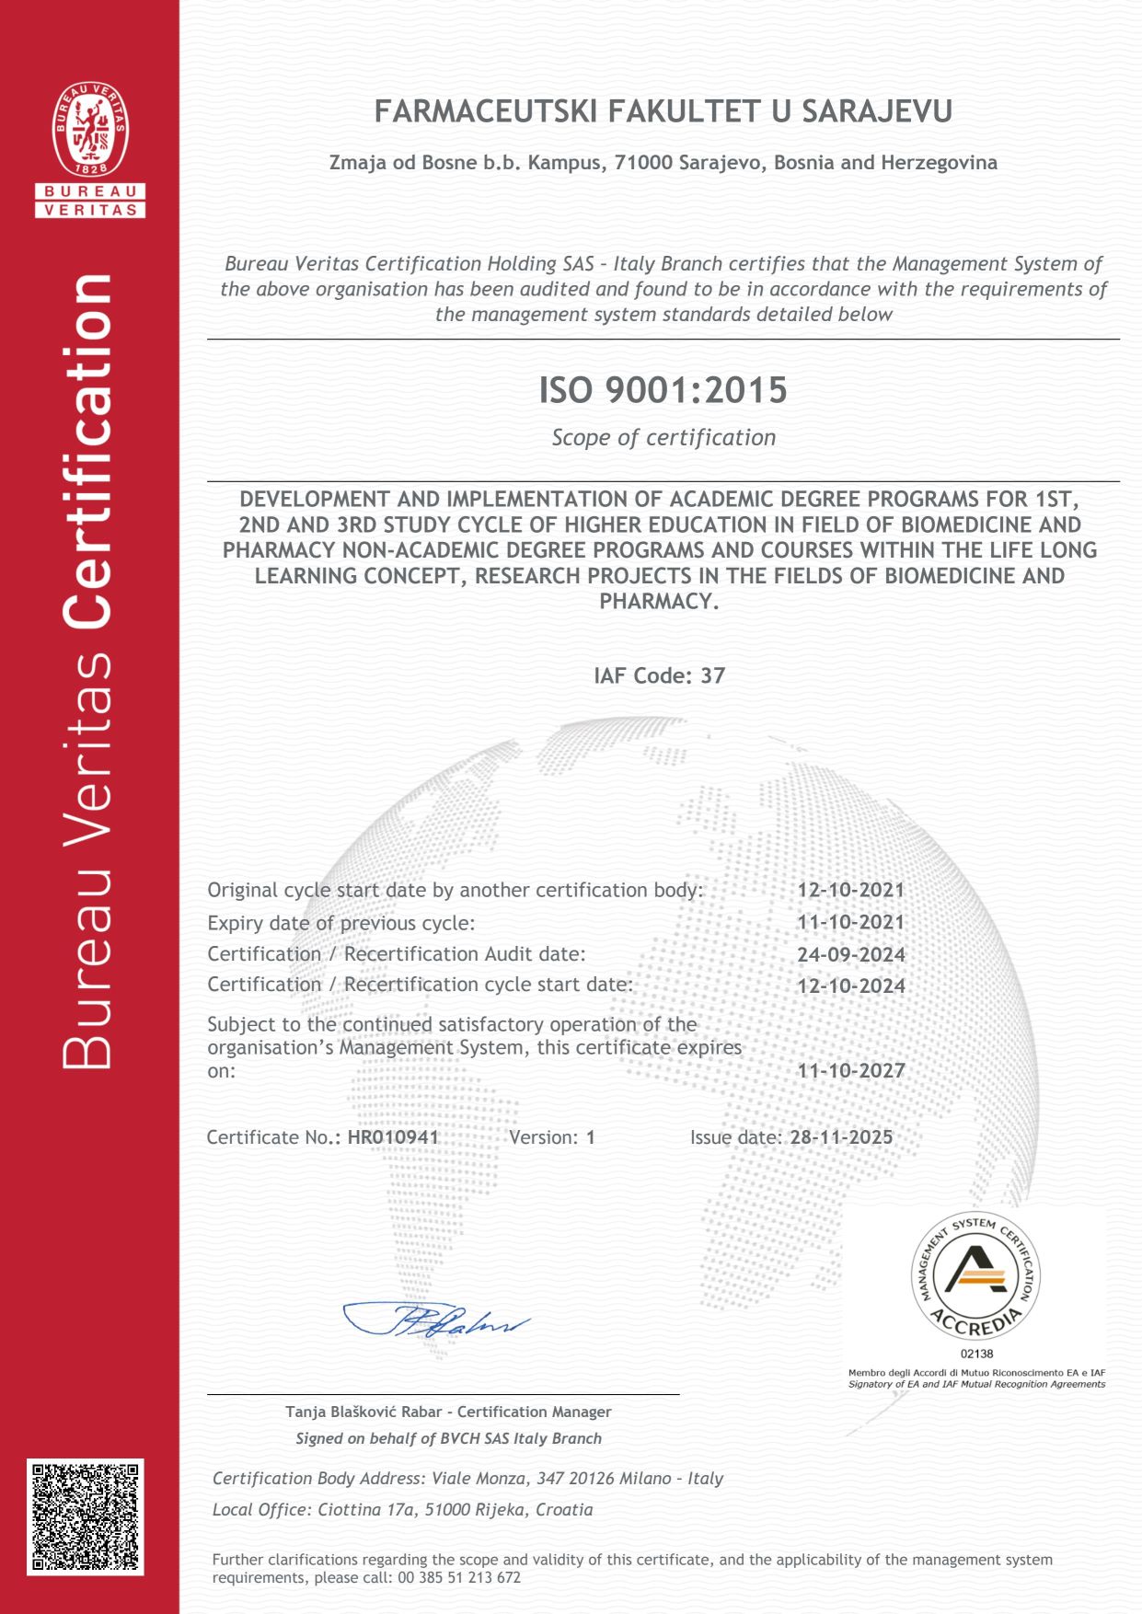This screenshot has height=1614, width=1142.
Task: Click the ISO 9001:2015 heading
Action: pos(663,390)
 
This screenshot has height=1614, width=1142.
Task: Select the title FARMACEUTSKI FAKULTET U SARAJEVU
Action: pos(663,112)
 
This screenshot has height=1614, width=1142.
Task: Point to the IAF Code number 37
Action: pos(713,675)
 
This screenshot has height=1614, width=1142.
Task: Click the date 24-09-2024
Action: pos(851,954)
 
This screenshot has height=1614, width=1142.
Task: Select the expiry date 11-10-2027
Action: pos(851,1070)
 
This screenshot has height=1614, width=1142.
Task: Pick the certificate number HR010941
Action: pos(393,1137)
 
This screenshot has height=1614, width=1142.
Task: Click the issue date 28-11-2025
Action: pos(841,1137)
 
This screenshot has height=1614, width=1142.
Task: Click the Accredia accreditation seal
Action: pos(975,1275)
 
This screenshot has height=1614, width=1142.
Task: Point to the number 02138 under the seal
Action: pos(976,1354)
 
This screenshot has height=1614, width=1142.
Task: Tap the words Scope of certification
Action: pos(663,438)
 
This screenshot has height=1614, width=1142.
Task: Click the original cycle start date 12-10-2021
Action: pos(851,890)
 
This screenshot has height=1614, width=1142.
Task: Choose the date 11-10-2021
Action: pos(851,922)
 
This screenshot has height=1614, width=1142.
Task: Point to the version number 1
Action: pos(591,1137)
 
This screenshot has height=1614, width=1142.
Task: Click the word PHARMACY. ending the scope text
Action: pos(659,602)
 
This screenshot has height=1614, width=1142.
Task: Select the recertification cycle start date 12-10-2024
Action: pos(851,986)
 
